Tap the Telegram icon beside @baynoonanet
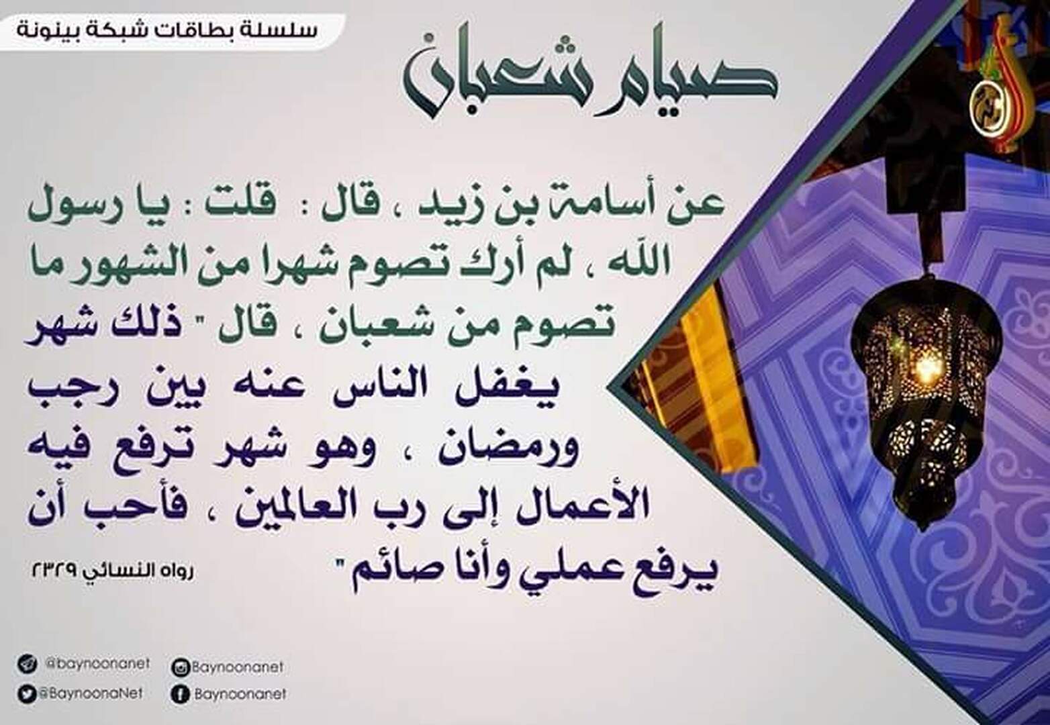coord(27,664)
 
